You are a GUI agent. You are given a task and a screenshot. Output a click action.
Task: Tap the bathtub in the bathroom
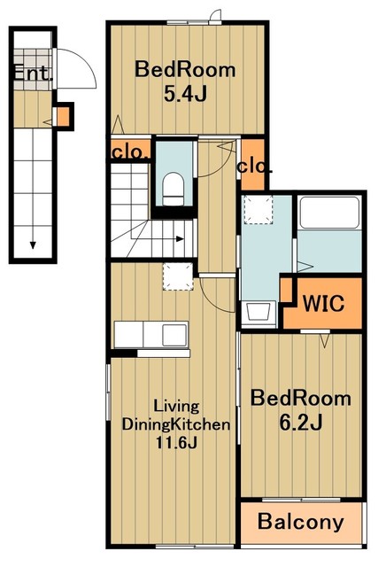(x=328, y=213)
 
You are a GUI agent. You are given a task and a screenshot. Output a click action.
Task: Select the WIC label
(x=323, y=303)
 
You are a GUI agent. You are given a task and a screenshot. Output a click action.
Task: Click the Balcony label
(x=300, y=522)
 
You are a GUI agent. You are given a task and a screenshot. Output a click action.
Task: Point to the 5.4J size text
(x=185, y=94)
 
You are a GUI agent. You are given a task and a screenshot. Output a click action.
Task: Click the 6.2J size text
(x=301, y=423)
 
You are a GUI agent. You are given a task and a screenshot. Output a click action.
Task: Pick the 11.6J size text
(x=176, y=442)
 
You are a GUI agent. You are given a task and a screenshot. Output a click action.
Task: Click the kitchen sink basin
(x=174, y=335)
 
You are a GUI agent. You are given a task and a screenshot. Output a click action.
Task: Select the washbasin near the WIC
(x=258, y=311)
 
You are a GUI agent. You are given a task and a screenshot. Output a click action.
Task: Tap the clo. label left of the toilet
(x=130, y=152)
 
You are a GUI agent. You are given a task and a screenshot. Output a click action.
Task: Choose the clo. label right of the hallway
(x=254, y=167)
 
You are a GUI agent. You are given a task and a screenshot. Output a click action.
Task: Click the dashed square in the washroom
(x=258, y=209)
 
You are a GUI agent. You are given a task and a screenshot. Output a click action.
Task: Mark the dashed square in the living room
(x=178, y=276)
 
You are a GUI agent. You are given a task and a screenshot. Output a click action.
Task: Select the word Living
(x=176, y=406)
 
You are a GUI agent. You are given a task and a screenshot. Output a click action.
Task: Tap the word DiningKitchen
(x=176, y=424)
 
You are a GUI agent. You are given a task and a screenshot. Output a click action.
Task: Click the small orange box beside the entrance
(x=63, y=116)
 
